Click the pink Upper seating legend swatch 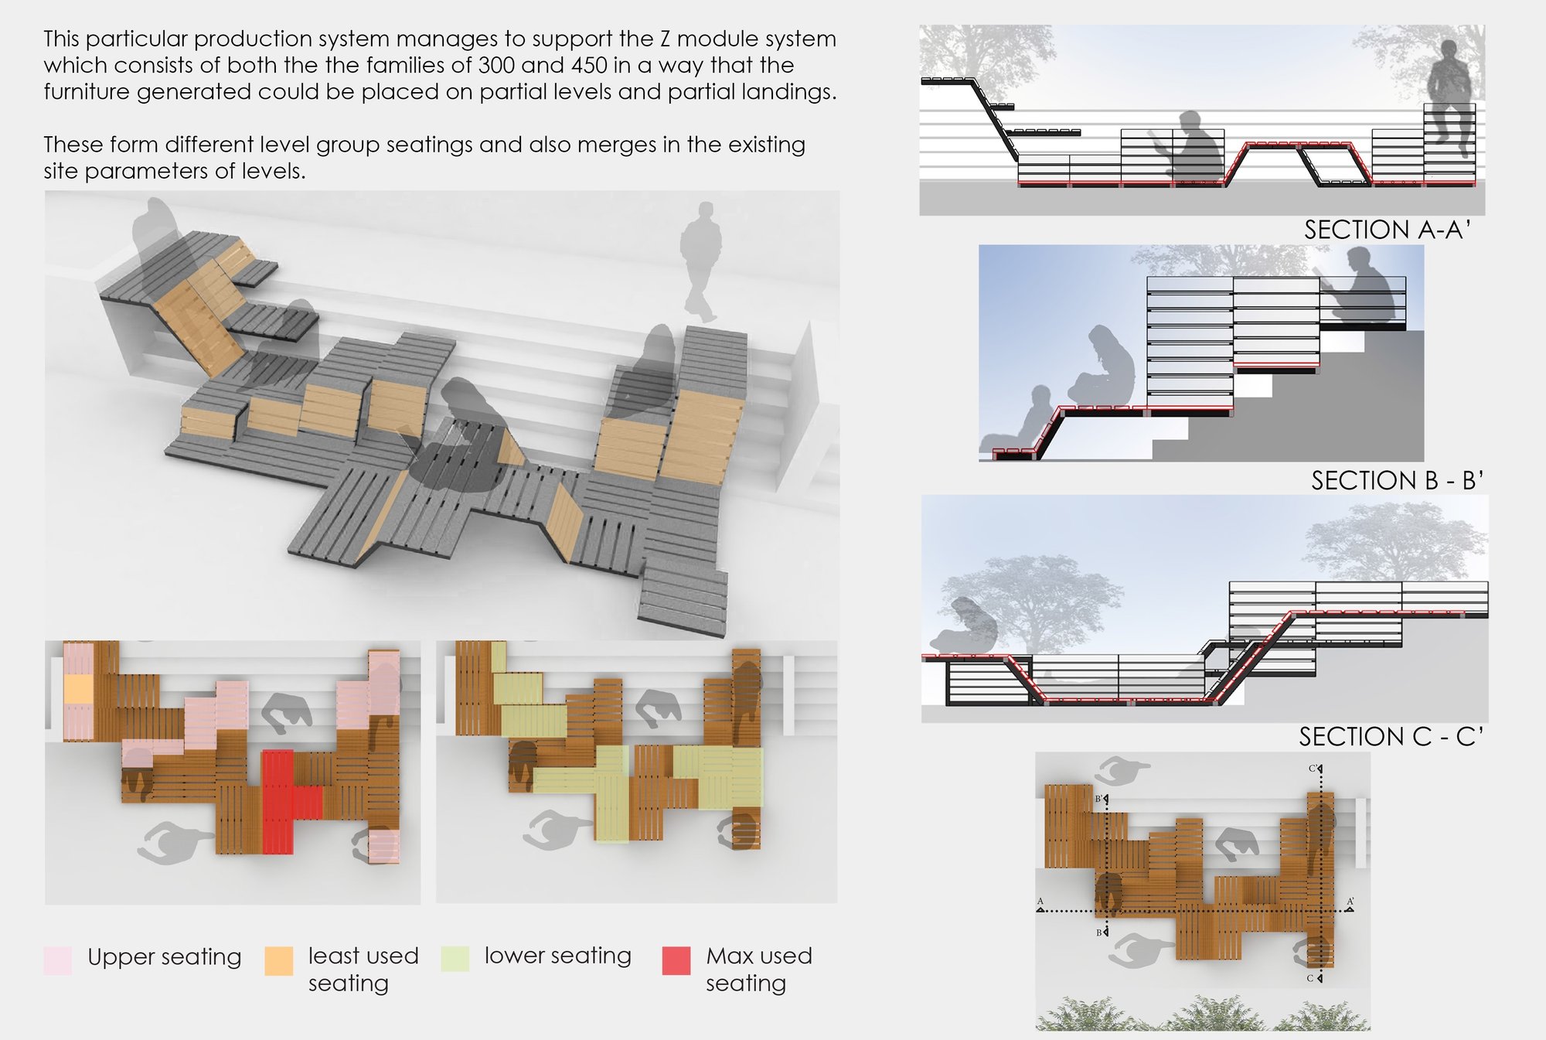pyautogui.click(x=58, y=960)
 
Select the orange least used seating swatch pyautogui.click(x=279, y=960)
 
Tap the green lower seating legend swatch pyautogui.click(x=455, y=959)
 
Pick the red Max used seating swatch pyautogui.click(x=676, y=960)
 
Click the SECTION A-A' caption pyautogui.click(x=1387, y=230)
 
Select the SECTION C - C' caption pyautogui.click(x=1391, y=736)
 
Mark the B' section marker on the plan pyautogui.click(x=1101, y=799)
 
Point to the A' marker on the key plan pyautogui.click(x=1350, y=902)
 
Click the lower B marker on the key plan pyautogui.click(x=1100, y=933)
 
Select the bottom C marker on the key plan pyautogui.click(x=1312, y=978)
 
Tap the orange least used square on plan pyautogui.click(x=78, y=689)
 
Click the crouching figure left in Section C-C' pyautogui.click(x=963, y=625)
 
